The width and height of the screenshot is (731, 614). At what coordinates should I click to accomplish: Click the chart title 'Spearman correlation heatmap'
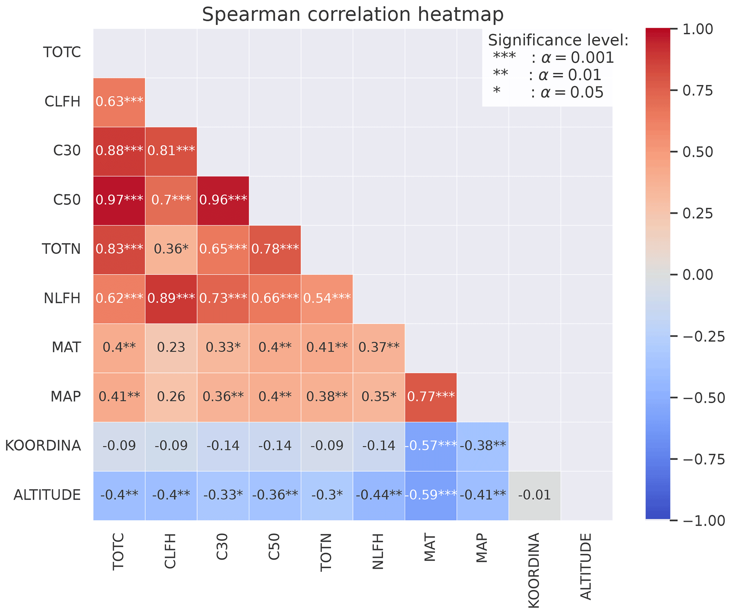(352, 15)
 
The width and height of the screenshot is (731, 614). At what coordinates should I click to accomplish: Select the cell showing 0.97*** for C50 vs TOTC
(119, 200)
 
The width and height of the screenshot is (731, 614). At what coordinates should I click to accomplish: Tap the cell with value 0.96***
(223, 200)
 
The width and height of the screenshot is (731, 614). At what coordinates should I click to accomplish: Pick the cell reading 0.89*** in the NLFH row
(171, 298)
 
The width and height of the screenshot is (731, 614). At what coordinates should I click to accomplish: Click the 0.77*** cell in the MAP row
(430, 397)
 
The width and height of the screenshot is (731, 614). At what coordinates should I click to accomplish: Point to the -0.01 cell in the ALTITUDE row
(534, 495)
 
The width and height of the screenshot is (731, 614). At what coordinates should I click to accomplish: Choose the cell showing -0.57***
(430, 446)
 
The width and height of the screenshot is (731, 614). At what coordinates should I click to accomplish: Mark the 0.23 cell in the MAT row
(171, 347)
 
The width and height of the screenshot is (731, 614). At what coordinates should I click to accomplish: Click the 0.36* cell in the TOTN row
(171, 249)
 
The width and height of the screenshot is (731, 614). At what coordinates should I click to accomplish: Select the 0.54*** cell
(327, 298)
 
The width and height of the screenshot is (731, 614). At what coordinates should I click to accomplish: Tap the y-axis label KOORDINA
(43, 446)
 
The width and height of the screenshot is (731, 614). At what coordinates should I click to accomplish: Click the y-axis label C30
(67, 151)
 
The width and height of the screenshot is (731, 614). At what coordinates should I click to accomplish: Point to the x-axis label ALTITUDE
(586, 566)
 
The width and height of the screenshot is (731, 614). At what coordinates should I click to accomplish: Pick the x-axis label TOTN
(326, 552)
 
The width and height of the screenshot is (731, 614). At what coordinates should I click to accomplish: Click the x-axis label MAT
(430, 548)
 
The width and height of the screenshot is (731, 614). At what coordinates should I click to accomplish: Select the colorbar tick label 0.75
(697, 91)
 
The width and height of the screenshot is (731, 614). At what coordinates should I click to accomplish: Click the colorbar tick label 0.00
(697, 275)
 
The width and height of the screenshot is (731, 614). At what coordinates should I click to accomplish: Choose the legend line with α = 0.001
(553, 58)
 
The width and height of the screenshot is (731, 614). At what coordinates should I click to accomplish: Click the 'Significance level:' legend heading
(558, 40)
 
